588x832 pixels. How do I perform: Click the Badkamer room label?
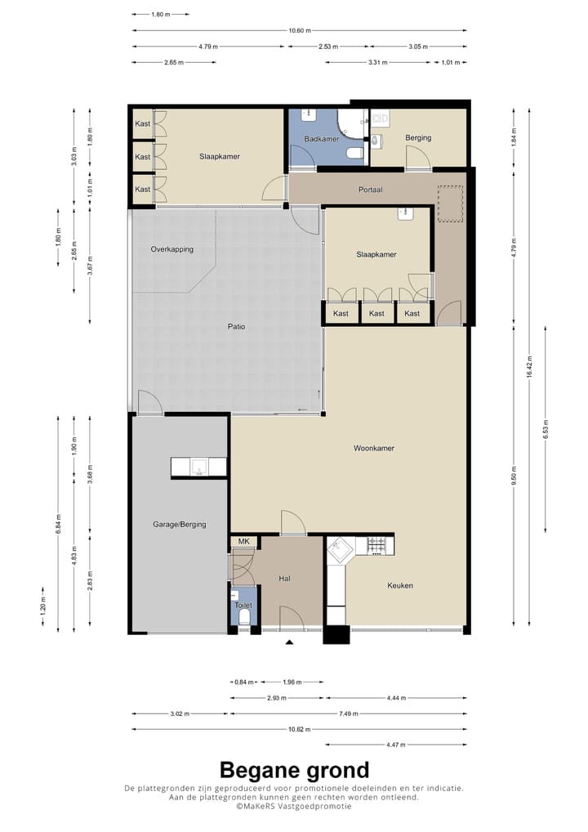point(321,139)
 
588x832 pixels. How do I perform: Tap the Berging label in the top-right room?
point(418,138)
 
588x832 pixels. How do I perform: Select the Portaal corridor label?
point(370,190)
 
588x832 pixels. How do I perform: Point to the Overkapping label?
point(171,249)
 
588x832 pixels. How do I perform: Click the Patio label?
point(237,327)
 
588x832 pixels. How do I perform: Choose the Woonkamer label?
point(374,449)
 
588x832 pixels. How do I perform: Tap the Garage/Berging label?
point(179,525)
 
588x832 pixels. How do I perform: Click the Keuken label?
point(400,586)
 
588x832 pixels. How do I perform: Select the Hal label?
point(284,579)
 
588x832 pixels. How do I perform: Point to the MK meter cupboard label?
point(243,542)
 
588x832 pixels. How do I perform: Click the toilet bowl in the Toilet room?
point(244,617)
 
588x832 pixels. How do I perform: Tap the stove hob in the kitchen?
point(377,545)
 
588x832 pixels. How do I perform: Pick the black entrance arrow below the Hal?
point(289,642)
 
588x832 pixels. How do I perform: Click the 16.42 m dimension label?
point(529,367)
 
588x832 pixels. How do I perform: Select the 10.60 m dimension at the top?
point(300,31)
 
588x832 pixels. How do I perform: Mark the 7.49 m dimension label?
point(349,714)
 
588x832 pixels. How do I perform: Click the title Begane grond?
point(294,770)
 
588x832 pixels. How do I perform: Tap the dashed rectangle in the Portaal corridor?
point(450,204)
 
